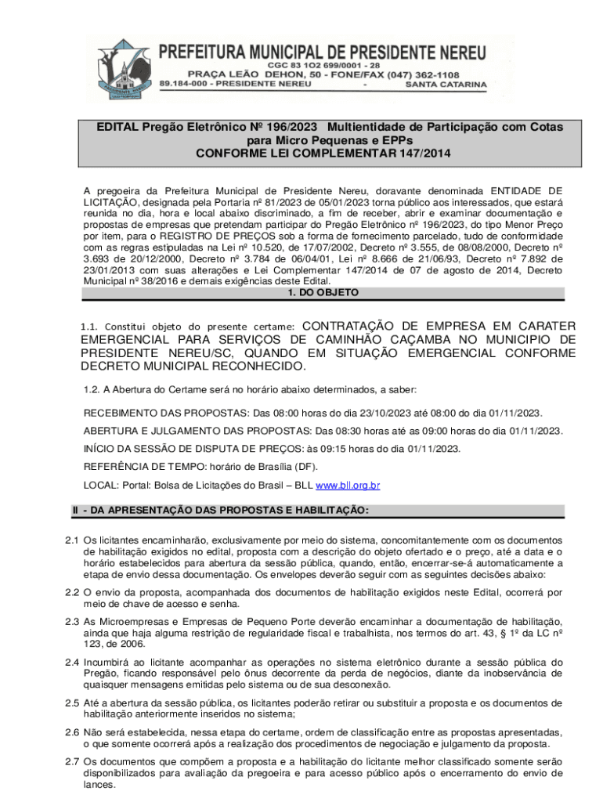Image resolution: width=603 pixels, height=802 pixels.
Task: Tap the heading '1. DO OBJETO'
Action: pyautogui.click(x=322, y=293)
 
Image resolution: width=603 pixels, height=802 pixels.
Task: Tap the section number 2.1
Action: pyautogui.click(x=72, y=540)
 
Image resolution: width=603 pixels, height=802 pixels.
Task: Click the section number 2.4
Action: pyautogui.click(x=72, y=662)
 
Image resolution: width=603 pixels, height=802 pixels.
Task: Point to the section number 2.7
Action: pyautogui.click(x=72, y=761)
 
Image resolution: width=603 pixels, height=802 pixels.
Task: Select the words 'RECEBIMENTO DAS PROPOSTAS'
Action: pyautogui.click(x=165, y=413)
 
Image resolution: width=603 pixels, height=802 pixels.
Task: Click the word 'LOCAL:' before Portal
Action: pyautogui.click(x=99, y=486)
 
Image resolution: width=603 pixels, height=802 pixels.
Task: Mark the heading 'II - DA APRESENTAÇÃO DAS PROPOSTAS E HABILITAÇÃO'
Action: pyautogui.click(x=219, y=511)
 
